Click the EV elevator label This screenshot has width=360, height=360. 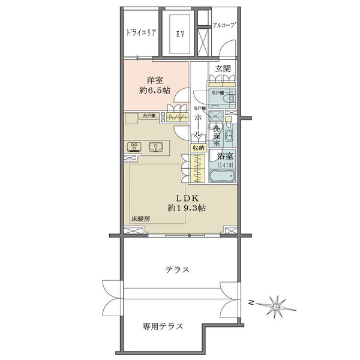pyautogui.click(x=179, y=34)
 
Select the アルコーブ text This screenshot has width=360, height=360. pyautogui.click(x=225, y=25)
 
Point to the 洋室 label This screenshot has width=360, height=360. pyautogui.click(x=155, y=79)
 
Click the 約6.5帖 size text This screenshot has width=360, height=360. pyautogui.click(x=155, y=90)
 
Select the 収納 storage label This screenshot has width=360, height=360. pyautogui.click(x=198, y=147)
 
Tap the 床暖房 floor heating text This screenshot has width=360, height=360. pyautogui.click(x=140, y=220)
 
